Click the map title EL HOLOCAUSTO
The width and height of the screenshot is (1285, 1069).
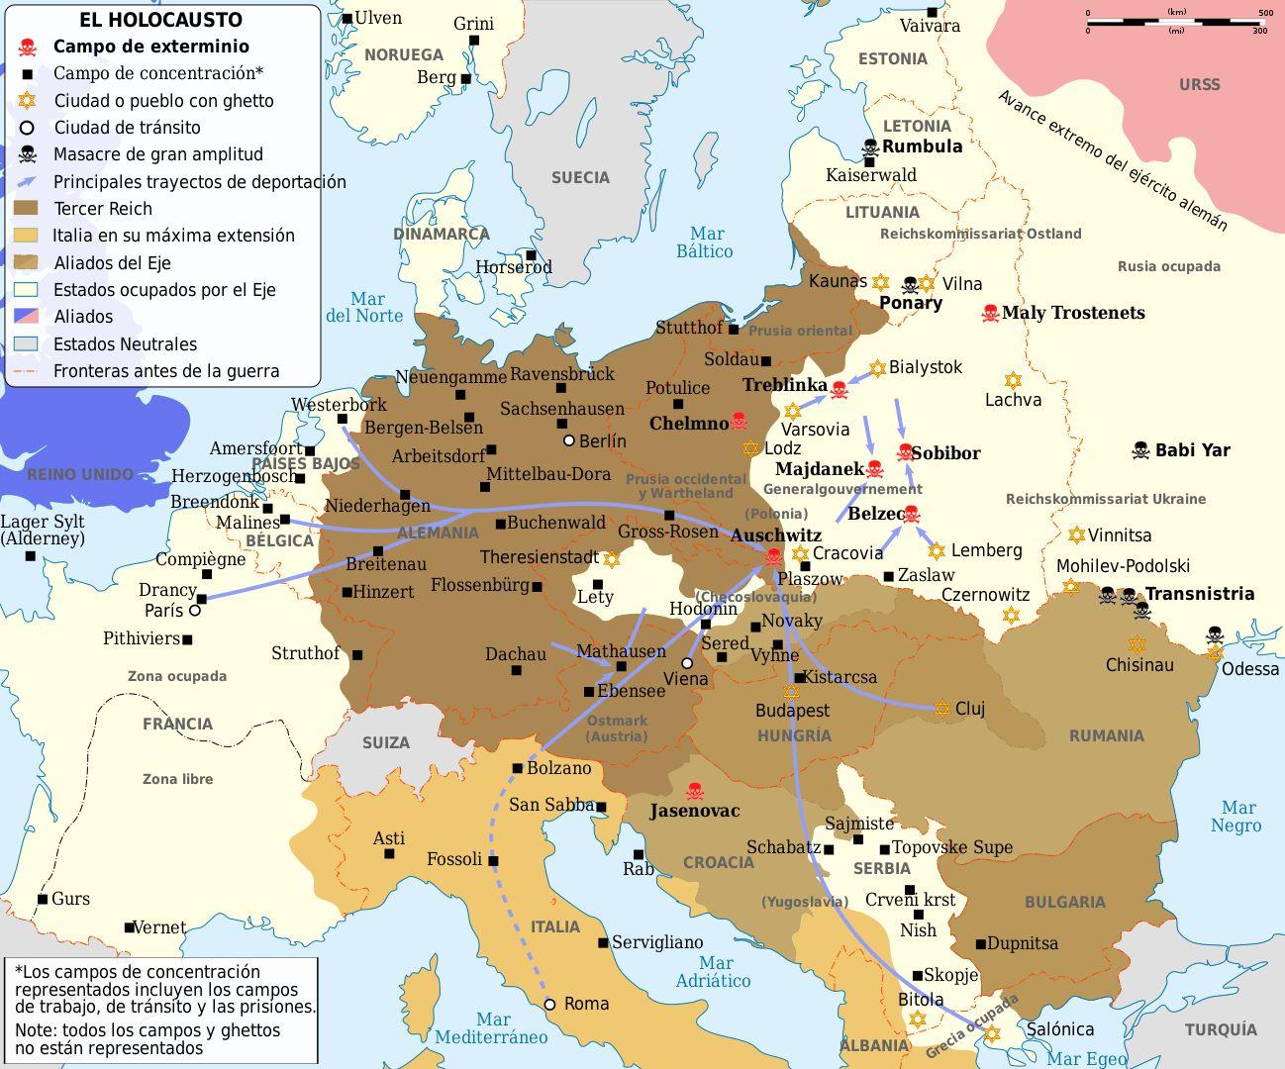pyautogui.click(x=161, y=20)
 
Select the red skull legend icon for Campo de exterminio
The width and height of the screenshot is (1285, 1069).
pyautogui.click(x=28, y=47)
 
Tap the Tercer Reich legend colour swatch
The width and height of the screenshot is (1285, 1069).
pyautogui.click(x=28, y=209)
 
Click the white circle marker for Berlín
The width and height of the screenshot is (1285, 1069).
pyautogui.click(x=568, y=440)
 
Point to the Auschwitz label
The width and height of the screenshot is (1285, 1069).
pyautogui.click(x=775, y=535)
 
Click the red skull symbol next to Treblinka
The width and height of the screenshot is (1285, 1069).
pyautogui.click(x=840, y=389)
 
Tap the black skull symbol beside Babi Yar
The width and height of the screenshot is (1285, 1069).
pyautogui.click(x=1140, y=450)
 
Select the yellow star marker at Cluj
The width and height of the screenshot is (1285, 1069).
pyautogui.click(x=942, y=708)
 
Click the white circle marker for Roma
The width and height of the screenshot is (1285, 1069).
pyautogui.click(x=550, y=1004)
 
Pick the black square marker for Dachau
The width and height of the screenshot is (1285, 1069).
pyautogui.click(x=516, y=670)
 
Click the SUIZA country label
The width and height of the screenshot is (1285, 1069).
pyautogui.click(x=385, y=742)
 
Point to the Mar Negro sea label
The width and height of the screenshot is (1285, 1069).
pyautogui.click(x=1237, y=817)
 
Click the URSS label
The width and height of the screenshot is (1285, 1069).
pyautogui.click(x=1199, y=85)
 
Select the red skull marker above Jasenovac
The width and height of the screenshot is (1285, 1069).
pyautogui.click(x=695, y=791)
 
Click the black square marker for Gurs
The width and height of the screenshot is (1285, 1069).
pyautogui.click(x=43, y=899)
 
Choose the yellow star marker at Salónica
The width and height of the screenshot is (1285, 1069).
pyautogui.click(x=992, y=1032)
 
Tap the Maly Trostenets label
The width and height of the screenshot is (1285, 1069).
pyautogui.click(x=1073, y=313)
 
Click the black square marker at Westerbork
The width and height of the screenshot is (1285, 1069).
pyautogui.click(x=343, y=419)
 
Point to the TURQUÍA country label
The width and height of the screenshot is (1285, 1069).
pyautogui.click(x=1220, y=1030)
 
